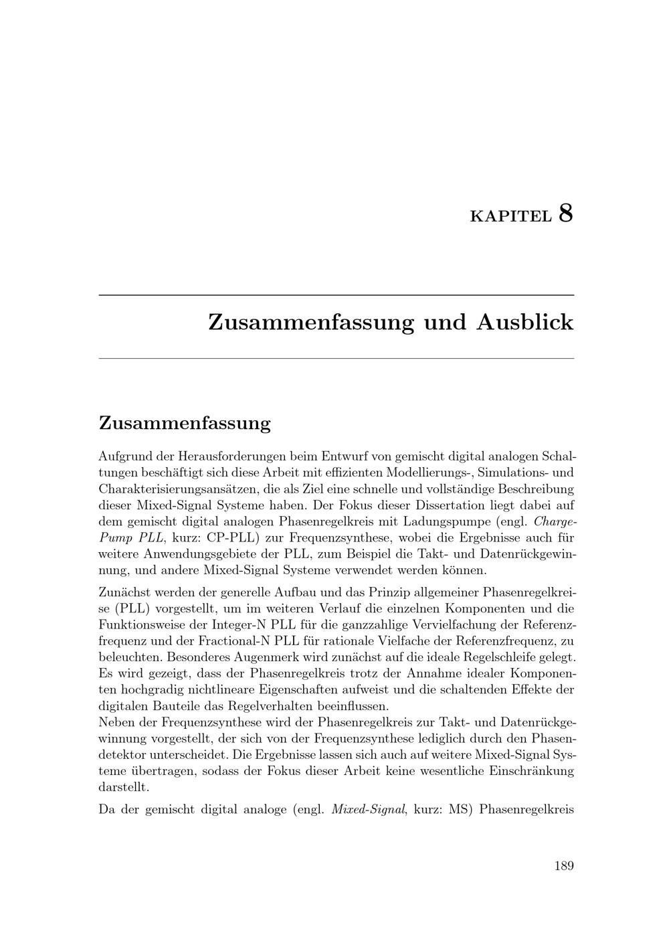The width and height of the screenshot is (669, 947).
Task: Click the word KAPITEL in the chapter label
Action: click(511, 216)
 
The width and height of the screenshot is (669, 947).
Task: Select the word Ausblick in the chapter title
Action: click(525, 322)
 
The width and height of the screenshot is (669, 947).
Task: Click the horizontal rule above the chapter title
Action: click(337, 295)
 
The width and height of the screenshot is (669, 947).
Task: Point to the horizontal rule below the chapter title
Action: click(337, 359)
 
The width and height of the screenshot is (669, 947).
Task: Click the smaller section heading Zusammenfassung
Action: click(185, 423)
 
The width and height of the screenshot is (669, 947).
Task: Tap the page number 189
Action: click(564, 865)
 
